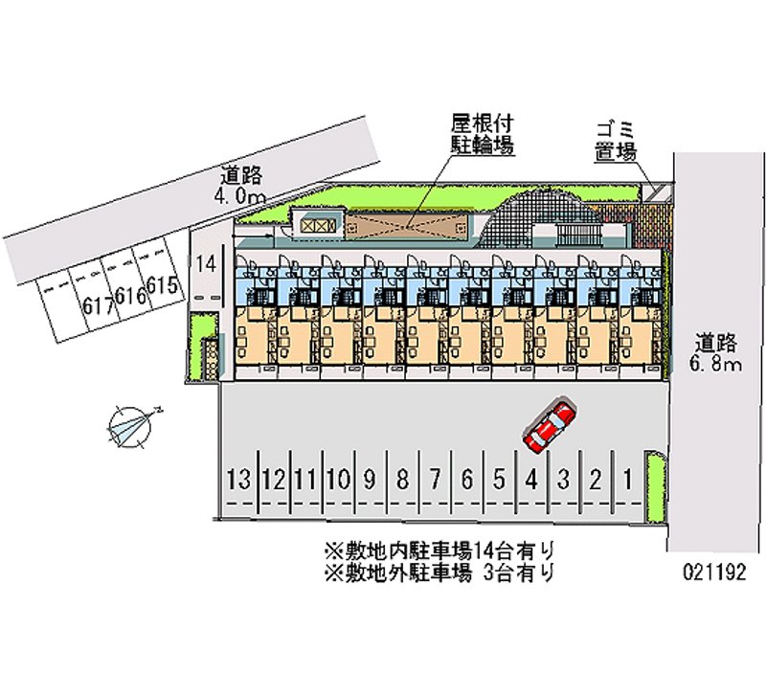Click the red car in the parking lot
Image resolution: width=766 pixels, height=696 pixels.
tap(550, 425)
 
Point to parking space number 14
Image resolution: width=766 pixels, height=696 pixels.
tap(205, 265)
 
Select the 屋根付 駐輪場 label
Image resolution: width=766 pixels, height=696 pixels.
tap(483, 134)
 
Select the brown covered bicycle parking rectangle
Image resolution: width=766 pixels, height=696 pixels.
tap(408, 224)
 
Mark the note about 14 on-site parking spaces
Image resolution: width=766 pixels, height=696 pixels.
tap(439, 551)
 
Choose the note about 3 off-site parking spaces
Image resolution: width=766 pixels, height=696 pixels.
tap(439, 573)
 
